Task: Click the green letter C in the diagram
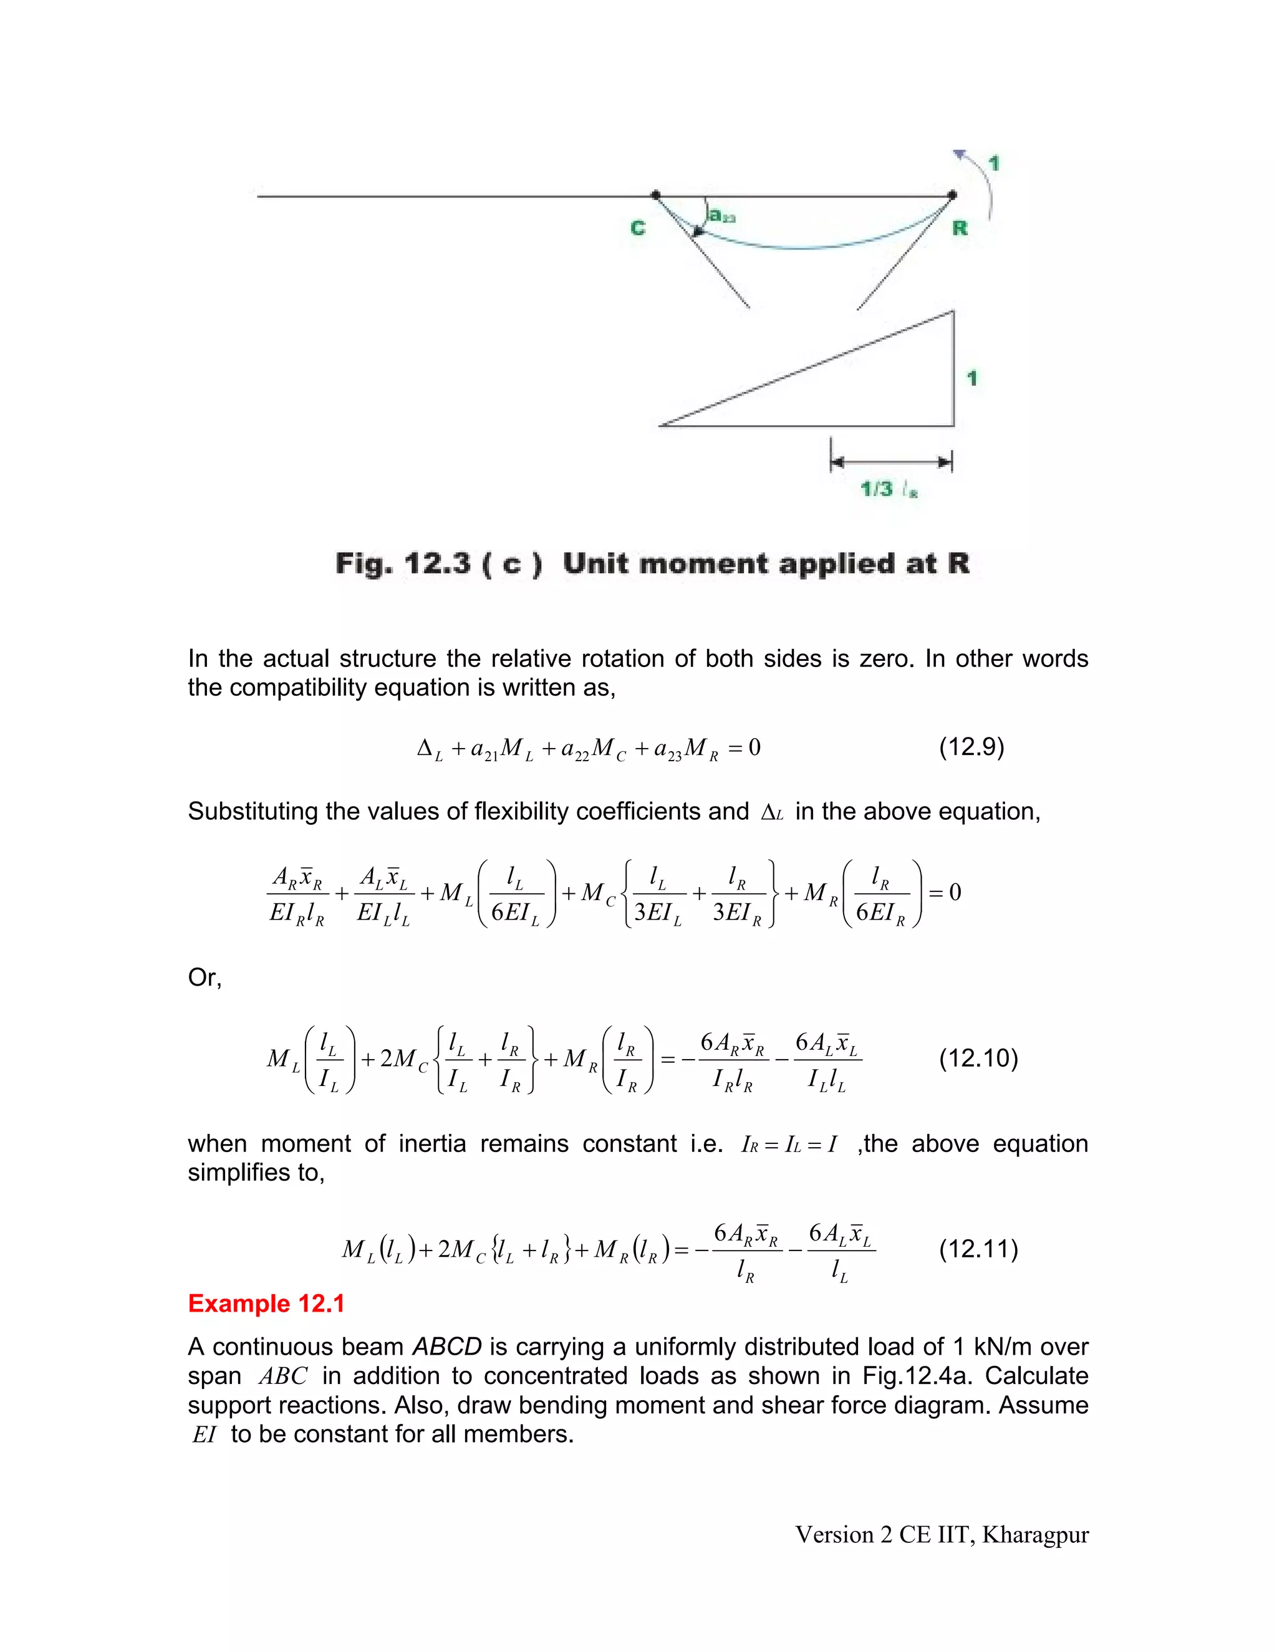point(638,228)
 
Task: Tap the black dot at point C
point(655,194)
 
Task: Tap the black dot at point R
point(953,194)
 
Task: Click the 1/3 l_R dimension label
point(889,489)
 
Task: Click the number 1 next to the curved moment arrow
point(994,163)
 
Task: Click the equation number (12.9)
point(971,747)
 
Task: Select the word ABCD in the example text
point(446,1347)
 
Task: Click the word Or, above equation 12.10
point(205,977)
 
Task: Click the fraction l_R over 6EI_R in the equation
point(880,894)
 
